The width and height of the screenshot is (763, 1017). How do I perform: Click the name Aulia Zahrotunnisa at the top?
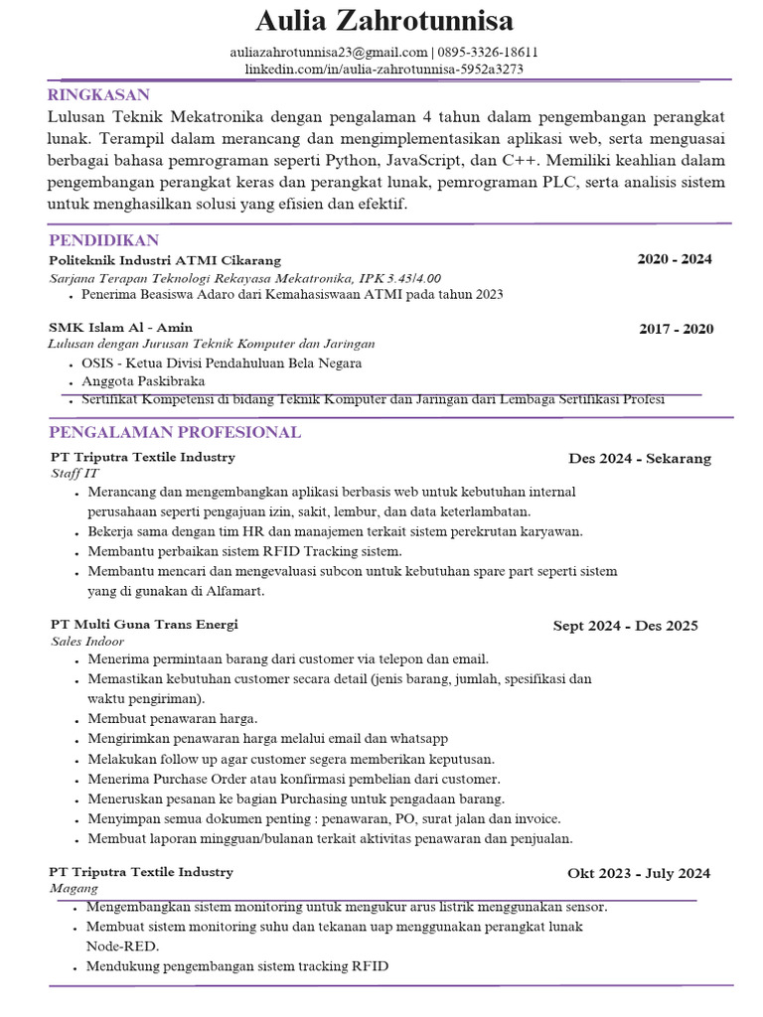tap(384, 21)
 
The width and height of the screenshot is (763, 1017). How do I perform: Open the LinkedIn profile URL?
tap(384, 70)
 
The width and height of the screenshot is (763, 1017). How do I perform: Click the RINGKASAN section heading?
tap(98, 95)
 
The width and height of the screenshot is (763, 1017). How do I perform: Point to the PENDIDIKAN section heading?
tap(103, 240)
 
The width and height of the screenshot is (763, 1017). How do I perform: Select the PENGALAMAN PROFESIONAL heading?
tap(175, 432)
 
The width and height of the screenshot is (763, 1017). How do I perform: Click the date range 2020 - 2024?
tap(675, 259)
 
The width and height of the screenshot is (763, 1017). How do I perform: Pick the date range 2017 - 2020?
tap(676, 329)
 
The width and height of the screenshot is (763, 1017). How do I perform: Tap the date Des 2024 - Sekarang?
tap(640, 458)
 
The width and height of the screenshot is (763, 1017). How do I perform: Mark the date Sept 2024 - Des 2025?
tap(625, 626)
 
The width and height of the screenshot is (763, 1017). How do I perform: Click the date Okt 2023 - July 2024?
tap(639, 873)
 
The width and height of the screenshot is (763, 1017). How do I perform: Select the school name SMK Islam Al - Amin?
tap(120, 327)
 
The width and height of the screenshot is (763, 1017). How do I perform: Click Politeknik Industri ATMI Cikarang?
tap(165, 259)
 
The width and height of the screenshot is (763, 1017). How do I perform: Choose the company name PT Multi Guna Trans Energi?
tap(144, 624)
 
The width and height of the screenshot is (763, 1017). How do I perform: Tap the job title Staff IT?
tap(76, 474)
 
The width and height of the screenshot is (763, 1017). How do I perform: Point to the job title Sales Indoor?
tap(87, 642)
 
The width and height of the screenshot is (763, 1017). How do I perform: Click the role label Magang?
tap(74, 889)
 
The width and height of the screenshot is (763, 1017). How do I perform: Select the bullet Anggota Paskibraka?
tap(143, 381)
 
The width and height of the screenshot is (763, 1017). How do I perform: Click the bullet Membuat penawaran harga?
tap(172, 718)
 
